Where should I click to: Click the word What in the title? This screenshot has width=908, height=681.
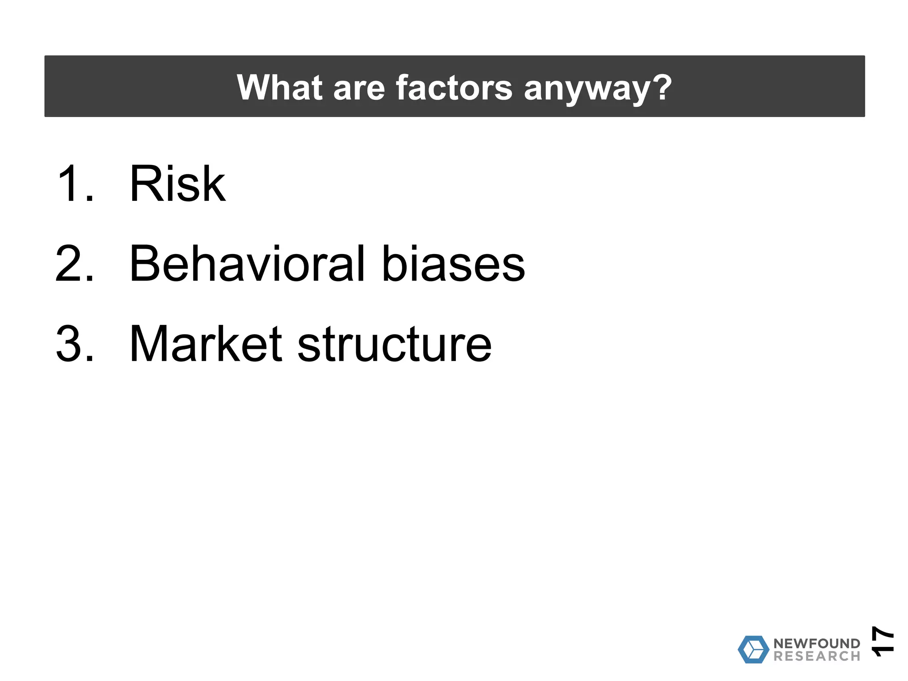pyautogui.click(x=279, y=88)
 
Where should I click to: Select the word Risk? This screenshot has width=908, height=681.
pyautogui.click(x=177, y=184)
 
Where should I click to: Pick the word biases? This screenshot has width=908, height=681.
pyautogui.click(x=453, y=265)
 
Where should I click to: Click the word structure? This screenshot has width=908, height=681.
pyautogui.click(x=394, y=345)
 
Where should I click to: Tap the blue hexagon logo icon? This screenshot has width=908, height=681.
pyautogui.click(x=753, y=650)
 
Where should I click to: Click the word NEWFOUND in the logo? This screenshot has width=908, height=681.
pyautogui.click(x=817, y=643)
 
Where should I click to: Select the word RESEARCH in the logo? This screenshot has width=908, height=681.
pyautogui.click(x=817, y=656)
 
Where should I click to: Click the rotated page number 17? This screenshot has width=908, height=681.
pyautogui.click(x=883, y=641)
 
